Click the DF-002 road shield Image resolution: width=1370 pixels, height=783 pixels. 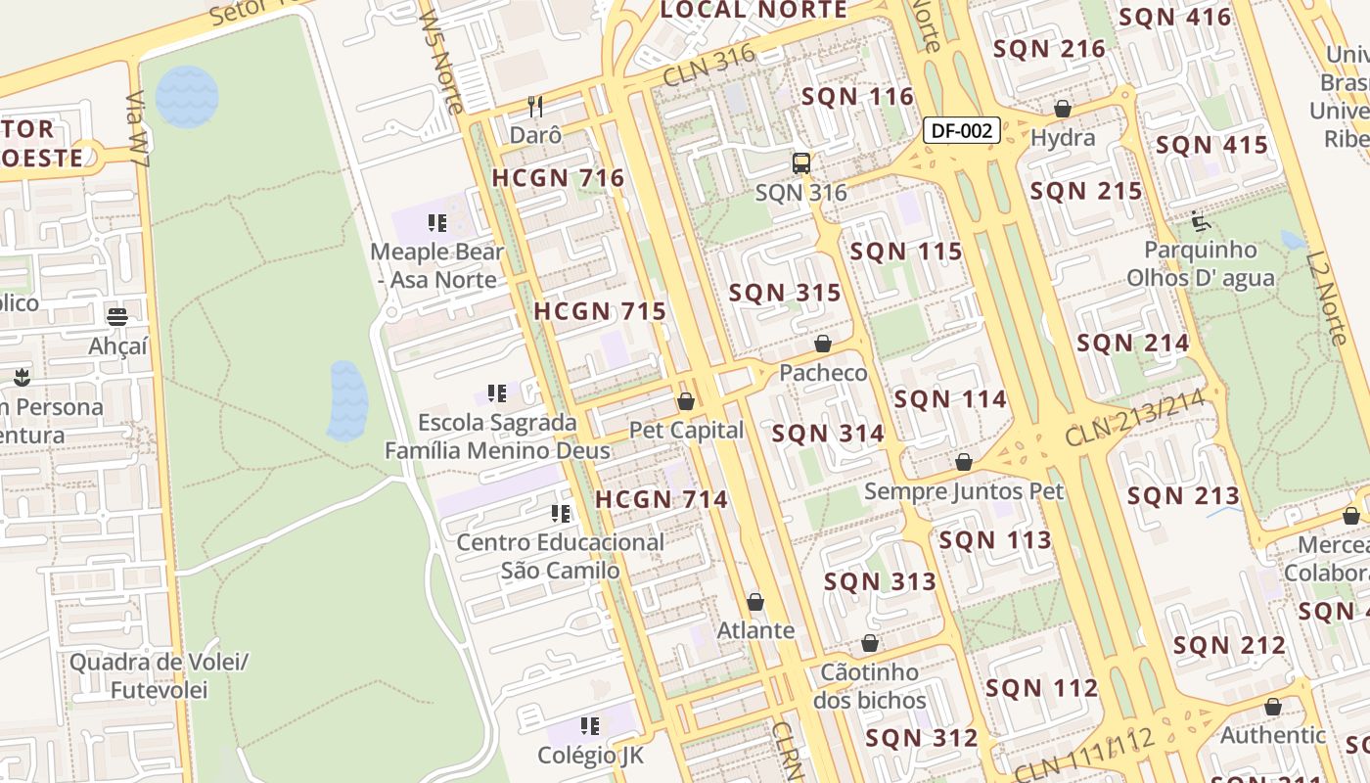click(x=962, y=130)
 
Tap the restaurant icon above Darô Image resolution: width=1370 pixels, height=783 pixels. click(x=535, y=106)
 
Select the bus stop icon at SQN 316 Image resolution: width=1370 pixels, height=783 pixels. click(x=801, y=163)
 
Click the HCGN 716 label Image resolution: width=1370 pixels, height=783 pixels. click(x=558, y=178)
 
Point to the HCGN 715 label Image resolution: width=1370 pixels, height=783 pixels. click(x=600, y=312)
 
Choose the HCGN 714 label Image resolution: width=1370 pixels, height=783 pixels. click(x=662, y=499)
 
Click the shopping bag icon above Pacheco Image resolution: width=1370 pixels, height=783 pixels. click(x=823, y=344)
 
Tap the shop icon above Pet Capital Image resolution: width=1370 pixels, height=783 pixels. click(x=686, y=401)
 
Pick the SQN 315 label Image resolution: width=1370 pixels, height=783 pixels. click(x=785, y=293)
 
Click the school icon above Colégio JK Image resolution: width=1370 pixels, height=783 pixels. click(x=590, y=726)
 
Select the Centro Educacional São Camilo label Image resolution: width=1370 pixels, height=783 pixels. click(x=560, y=556)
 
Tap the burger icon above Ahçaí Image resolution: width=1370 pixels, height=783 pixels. click(x=117, y=316)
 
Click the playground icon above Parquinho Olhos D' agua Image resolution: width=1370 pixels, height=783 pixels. click(x=1201, y=221)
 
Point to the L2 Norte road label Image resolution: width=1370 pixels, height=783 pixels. click(x=1327, y=299)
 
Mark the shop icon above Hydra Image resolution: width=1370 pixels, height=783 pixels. click(x=1063, y=109)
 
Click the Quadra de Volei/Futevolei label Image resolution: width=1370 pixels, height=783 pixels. click(x=159, y=675)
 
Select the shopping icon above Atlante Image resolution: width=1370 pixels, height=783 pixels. click(x=755, y=601)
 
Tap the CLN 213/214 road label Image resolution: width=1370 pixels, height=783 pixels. click(x=1134, y=419)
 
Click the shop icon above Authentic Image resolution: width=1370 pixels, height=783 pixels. click(x=1273, y=707)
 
